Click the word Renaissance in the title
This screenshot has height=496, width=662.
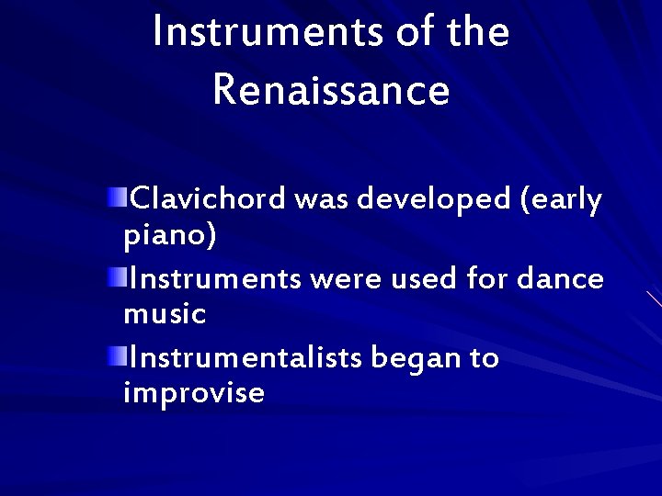pos(331,90)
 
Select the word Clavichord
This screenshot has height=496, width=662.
pos(211,198)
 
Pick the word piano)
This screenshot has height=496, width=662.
pos(170,235)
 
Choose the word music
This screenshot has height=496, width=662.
pos(165,314)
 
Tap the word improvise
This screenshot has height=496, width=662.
pos(194,393)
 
